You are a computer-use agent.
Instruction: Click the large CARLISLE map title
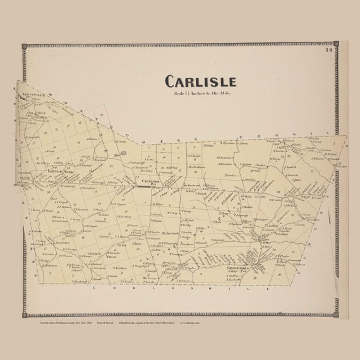click(x=200, y=81)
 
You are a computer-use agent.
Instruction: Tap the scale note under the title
click(x=200, y=93)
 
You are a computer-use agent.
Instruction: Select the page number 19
click(x=329, y=50)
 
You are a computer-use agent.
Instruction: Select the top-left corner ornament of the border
click(x=24, y=46)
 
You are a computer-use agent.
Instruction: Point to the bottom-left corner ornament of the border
click(x=24, y=314)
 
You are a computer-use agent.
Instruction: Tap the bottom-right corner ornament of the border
click(x=336, y=314)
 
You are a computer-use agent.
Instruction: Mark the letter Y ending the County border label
click(x=329, y=133)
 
